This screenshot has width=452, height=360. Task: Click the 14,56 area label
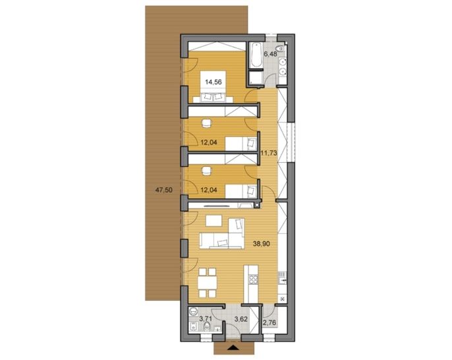[x=213, y=82]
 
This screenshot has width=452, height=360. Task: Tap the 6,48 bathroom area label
[x=270, y=54]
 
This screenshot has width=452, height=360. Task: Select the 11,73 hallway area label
[x=269, y=153]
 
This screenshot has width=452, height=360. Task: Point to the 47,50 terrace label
[x=163, y=190]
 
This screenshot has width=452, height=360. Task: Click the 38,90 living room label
[x=262, y=244]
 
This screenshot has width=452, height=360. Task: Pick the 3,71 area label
[x=206, y=318]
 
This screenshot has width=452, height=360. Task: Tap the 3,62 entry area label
[x=241, y=318]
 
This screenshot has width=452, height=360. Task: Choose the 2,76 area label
[x=270, y=322]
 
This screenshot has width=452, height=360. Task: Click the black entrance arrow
[x=233, y=347]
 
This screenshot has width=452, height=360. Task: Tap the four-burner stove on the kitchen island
[x=254, y=280]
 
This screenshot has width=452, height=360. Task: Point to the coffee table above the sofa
[x=214, y=222]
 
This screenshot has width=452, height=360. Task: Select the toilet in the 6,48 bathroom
[x=280, y=49]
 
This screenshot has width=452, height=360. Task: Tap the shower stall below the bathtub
[x=256, y=78]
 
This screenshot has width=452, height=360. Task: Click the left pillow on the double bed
[x=207, y=97]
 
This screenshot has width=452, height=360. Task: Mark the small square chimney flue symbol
[x=256, y=205]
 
